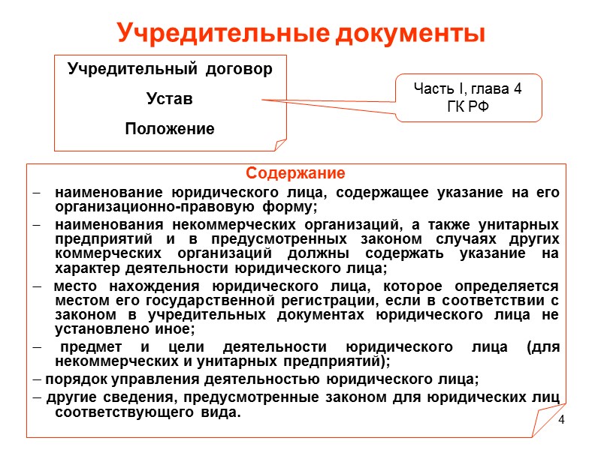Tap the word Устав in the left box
coord(169,99)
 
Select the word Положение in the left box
coord(169,129)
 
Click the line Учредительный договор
coord(170,70)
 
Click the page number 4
coord(560,426)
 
